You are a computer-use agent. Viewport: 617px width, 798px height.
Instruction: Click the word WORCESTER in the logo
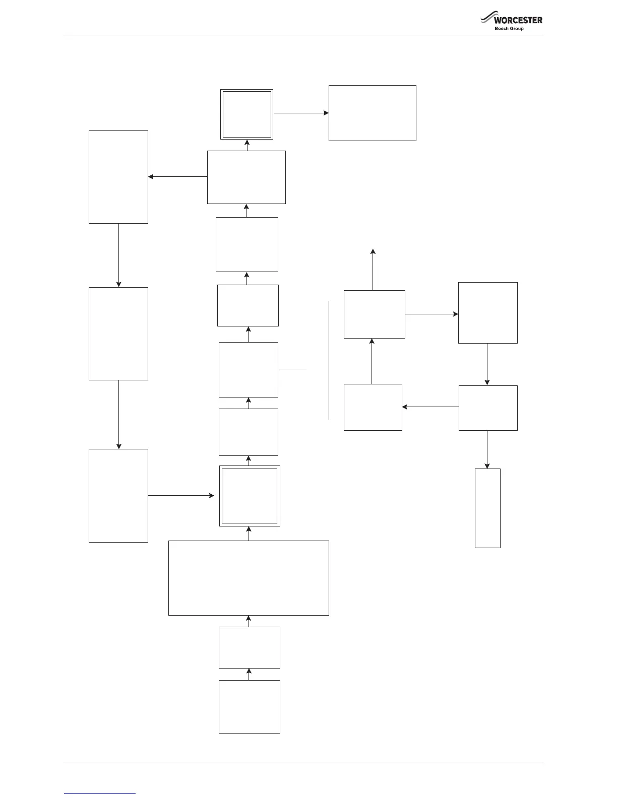coord(518,20)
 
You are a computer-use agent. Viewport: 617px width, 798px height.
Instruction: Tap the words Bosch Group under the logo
coord(509,29)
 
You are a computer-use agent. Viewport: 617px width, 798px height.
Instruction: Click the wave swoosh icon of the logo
coord(486,19)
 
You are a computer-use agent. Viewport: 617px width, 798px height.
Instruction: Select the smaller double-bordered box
coord(246,114)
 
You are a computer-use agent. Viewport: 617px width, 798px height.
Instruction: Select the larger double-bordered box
coord(250,496)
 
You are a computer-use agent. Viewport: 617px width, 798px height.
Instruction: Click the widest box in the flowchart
coord(249,578)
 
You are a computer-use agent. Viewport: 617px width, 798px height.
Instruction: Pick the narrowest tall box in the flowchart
coord(487,508)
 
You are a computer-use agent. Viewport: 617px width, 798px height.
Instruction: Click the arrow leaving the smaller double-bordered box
coord(300,113)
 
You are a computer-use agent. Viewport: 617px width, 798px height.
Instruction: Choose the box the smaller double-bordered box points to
coord(372,113)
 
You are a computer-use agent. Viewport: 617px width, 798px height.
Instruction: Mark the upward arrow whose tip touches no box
coord(373,269)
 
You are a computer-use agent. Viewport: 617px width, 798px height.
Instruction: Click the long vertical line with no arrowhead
coord(329,360)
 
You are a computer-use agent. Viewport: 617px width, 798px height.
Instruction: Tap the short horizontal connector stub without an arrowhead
coord(292,369)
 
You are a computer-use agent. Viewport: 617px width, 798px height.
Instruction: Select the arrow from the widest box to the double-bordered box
coord(249,534)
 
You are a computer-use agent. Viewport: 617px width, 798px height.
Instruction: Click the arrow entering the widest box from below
coord(249,621)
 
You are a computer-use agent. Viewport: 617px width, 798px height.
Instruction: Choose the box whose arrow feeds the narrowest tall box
coord(488,408)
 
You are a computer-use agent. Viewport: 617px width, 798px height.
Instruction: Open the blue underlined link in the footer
coord(100,793)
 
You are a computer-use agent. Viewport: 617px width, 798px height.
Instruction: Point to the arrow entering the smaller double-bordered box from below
coord(246,145)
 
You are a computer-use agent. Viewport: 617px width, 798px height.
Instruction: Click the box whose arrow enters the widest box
coord(249,647)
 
